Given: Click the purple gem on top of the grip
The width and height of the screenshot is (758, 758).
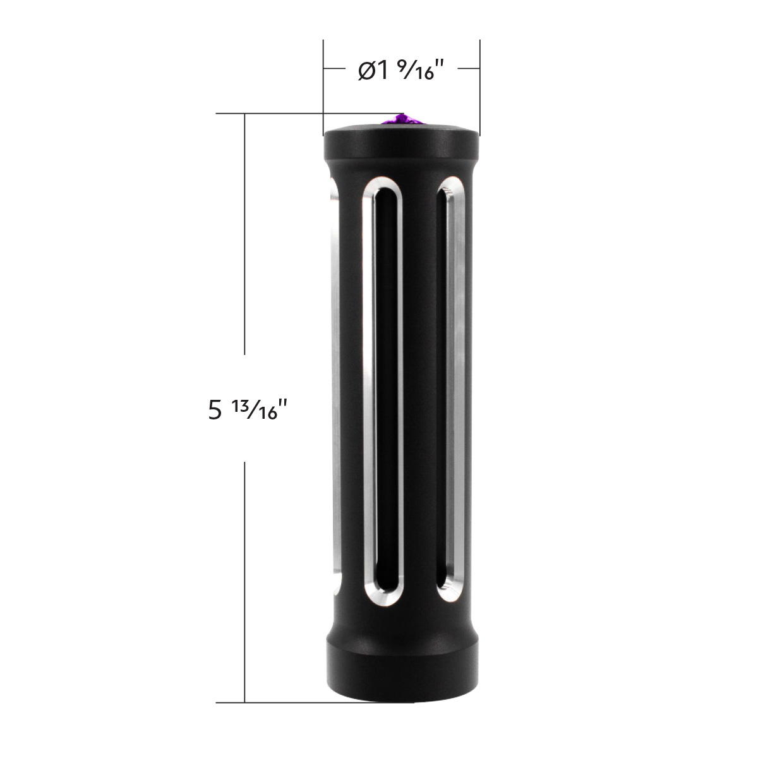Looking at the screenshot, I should pos(400,120).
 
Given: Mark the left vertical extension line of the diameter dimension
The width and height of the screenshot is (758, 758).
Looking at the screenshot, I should pos(323,82).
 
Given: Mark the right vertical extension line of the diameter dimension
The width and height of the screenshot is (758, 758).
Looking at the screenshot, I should pos(480,82).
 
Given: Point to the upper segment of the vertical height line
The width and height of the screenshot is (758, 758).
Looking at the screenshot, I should pos(245,234).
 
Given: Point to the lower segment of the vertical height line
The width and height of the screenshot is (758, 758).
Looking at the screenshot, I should pos(245,581).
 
